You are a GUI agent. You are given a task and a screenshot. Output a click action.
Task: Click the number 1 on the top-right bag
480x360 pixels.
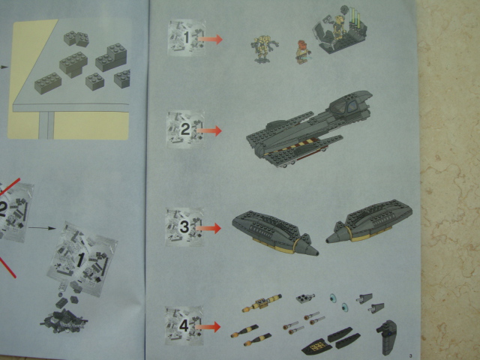[187, 37]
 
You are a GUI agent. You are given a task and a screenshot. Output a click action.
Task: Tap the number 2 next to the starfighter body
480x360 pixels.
[185, 130]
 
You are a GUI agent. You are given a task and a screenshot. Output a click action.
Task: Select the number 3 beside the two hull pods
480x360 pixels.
[184, 227]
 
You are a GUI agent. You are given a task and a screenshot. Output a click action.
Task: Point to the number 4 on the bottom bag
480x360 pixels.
[184, 326]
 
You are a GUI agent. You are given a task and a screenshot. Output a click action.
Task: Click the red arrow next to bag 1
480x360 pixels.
[210, 39]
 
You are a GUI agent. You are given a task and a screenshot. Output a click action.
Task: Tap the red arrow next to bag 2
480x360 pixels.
[209, 130]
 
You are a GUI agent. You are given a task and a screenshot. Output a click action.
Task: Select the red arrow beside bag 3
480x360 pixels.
[208, 228]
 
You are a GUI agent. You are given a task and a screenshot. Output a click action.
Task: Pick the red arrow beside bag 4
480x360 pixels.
[208, 327]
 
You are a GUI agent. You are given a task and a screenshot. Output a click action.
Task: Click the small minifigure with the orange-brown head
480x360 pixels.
[301, 52]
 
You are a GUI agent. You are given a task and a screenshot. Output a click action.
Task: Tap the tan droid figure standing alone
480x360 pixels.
[263, 49]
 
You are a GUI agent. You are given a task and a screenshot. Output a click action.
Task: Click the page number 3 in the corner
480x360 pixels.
[410, 355]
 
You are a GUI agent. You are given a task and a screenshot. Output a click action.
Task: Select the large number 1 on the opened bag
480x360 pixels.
[80, 259]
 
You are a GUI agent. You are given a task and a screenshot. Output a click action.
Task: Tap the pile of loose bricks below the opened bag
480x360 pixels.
[64, 321]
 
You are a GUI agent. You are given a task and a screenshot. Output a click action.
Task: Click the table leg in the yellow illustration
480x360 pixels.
[46, 125]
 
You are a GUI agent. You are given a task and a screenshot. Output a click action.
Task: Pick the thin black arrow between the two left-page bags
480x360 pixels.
[42, 228]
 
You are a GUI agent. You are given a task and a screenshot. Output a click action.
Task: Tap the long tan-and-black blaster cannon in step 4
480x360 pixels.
[262, 303]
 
